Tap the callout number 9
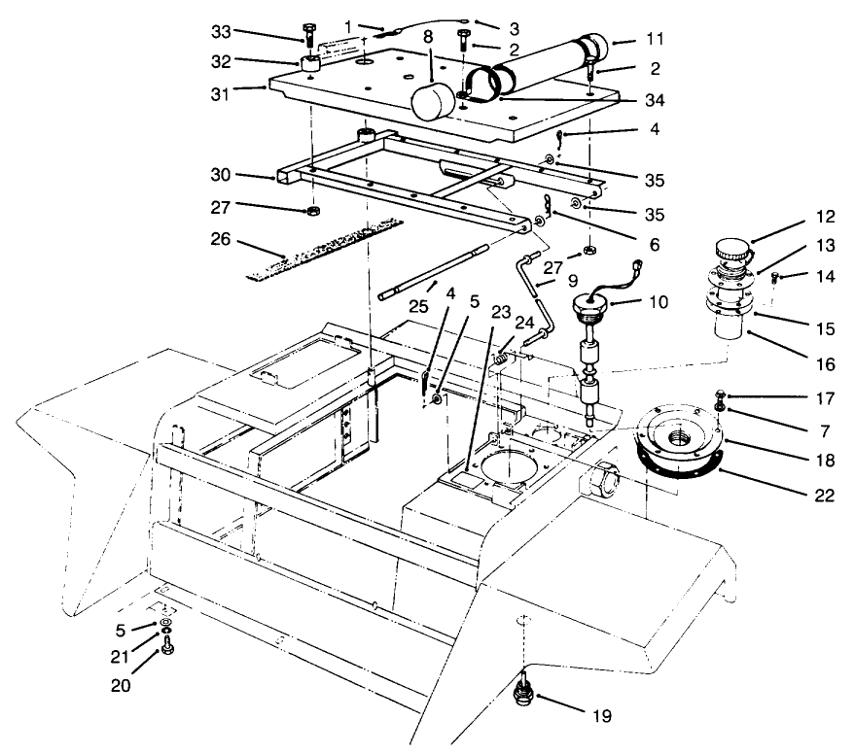(549, 283)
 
